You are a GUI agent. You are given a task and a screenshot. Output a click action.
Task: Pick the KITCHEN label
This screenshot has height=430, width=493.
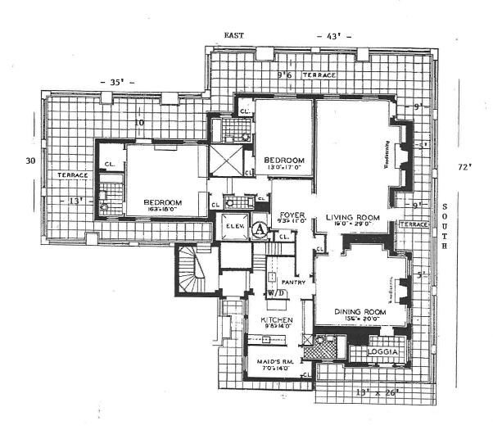(276, 319)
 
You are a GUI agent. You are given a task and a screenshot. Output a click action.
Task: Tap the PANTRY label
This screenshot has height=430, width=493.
(294, 283)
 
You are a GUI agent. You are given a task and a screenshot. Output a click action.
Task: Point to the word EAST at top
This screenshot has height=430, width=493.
(235, 36)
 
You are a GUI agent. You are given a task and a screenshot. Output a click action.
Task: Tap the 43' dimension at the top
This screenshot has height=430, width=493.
(333, 37)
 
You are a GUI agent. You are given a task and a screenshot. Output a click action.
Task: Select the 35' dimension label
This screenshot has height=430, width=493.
(115, 83)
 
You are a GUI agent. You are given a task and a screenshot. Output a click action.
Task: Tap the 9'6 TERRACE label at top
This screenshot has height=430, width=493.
(307, 75)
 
